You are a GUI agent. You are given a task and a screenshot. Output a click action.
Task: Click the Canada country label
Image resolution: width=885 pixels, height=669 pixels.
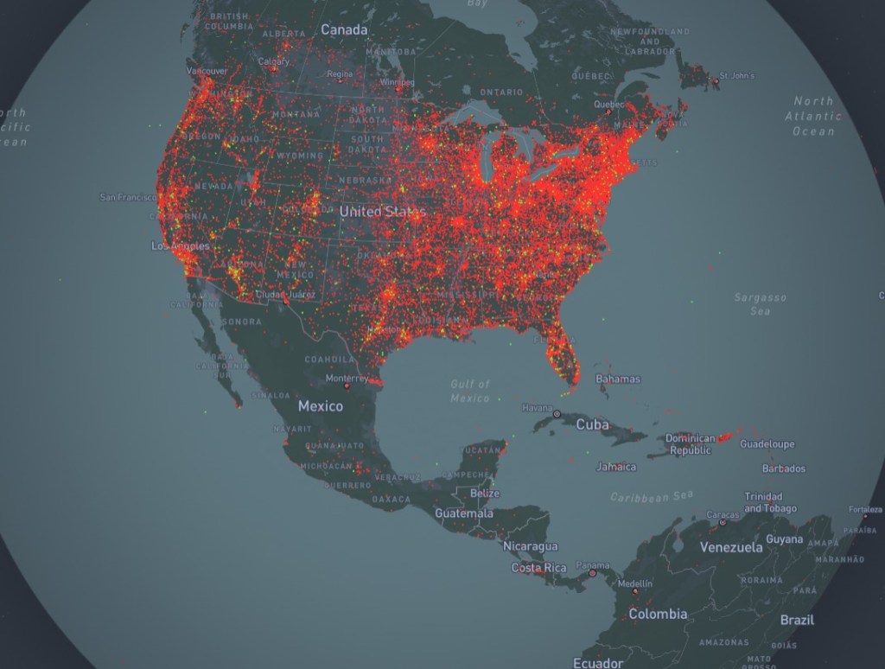(x=344, y=30)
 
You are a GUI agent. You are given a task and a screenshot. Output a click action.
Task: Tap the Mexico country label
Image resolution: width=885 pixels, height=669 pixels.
(x=321, y=406)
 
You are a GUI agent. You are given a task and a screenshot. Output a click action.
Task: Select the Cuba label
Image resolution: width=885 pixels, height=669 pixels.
(x=593, y=424)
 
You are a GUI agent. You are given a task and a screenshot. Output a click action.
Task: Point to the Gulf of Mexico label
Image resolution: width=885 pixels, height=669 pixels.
(x=470, y=391)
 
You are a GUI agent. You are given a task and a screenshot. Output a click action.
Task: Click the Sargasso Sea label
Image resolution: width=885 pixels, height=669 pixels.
(x=761, y=303)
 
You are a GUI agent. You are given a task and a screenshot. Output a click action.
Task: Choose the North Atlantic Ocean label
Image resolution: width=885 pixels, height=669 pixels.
(x=813, y=116)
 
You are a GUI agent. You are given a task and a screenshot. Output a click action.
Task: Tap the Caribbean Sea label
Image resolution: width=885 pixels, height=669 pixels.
(x=652, y=497)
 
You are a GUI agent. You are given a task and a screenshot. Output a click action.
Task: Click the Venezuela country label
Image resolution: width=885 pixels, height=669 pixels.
(x=731, y=547)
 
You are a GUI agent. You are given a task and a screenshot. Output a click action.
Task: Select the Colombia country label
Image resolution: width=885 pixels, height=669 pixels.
(x=658, y=614)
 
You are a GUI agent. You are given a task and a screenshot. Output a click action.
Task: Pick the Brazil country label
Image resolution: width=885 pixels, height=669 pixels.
(x=797, y=620)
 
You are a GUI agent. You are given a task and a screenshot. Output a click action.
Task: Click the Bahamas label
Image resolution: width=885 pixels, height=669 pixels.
(x=618, y=379)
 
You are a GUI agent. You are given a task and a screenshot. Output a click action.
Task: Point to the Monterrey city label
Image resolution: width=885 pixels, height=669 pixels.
(x=347, y=379)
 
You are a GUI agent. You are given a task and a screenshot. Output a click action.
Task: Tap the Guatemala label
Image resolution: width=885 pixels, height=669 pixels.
(x=464, y=513)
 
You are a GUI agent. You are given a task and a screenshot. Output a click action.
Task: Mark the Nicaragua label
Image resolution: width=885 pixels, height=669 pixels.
(x=531, y=546)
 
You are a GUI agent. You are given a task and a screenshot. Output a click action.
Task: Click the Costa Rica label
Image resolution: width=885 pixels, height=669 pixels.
(x=539, y=568)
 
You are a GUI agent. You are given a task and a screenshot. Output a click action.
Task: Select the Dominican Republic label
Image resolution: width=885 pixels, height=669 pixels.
(x=691, y=444)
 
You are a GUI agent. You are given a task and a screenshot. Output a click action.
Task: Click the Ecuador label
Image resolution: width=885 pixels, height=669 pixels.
(x=598, y=663)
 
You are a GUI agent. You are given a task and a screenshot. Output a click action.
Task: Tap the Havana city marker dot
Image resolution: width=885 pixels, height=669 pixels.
(x=557, y=415)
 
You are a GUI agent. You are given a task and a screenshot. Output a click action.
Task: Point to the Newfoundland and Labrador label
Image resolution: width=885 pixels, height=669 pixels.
(x=650, y=41)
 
